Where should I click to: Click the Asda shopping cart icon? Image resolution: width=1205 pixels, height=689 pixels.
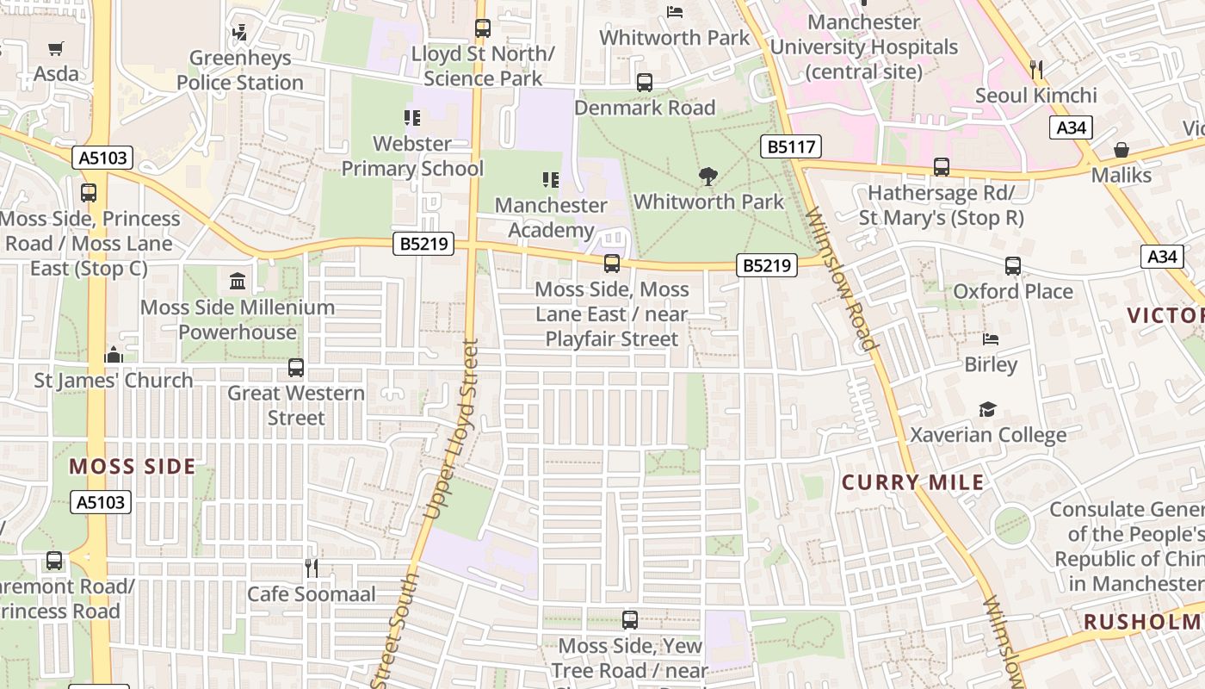pos(56,48)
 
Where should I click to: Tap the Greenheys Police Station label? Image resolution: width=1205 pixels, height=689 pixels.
pos(240,71)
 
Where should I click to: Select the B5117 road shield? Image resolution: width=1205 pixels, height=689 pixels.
pos(790,146)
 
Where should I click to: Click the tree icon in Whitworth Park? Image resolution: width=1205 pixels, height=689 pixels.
pos(708,177)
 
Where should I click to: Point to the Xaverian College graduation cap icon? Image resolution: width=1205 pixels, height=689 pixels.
pos(988,409)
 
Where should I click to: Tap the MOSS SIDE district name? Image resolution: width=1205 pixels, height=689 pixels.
pos(133,467)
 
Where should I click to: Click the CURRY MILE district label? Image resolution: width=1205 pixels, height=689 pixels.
pos(912,482)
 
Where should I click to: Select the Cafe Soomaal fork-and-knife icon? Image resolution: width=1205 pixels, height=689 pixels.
pos(312,568)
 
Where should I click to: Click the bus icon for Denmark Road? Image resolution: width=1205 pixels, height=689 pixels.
pos(645,83)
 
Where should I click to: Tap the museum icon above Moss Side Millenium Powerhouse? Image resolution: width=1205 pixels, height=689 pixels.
pos(238,281)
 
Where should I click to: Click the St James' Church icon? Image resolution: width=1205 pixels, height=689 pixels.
pos(113,355)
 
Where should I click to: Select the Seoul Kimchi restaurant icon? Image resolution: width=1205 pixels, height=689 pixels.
pos(1036,70)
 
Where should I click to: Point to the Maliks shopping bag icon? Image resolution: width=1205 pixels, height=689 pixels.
pos(1122,151)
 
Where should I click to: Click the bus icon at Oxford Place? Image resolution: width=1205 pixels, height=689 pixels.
pos(1013,266)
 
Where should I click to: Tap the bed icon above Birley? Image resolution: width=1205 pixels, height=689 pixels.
pos(991,339)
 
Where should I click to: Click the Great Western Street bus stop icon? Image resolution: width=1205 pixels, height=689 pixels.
pos(296,368)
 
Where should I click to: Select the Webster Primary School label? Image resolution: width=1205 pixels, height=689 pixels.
pos(412,156)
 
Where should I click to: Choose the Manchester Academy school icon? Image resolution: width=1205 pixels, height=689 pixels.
pos(551,180)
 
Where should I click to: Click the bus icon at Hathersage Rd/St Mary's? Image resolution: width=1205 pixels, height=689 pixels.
pos(942,167)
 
